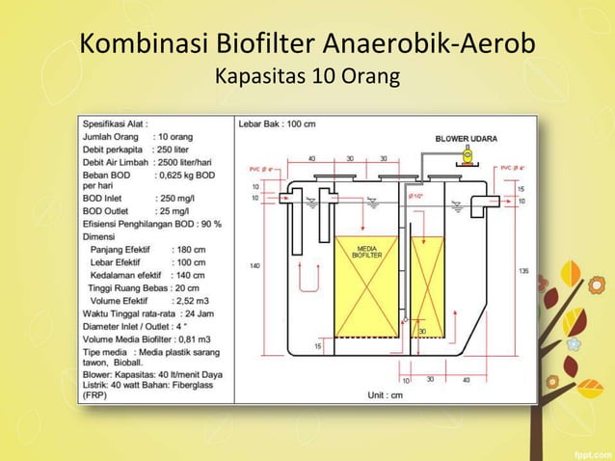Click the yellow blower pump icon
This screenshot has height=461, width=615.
(x=465, y=155)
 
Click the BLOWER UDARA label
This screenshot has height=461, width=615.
(x=467, y=139)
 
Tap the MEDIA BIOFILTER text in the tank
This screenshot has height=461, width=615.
(x=364, y=252)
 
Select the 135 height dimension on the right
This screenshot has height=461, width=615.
(x=523, y=271)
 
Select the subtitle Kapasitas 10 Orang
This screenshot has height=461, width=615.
(x=307, y=76)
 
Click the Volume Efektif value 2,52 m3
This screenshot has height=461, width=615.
(x=190, y=299)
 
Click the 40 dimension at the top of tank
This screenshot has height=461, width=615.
(x=311, y=158)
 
